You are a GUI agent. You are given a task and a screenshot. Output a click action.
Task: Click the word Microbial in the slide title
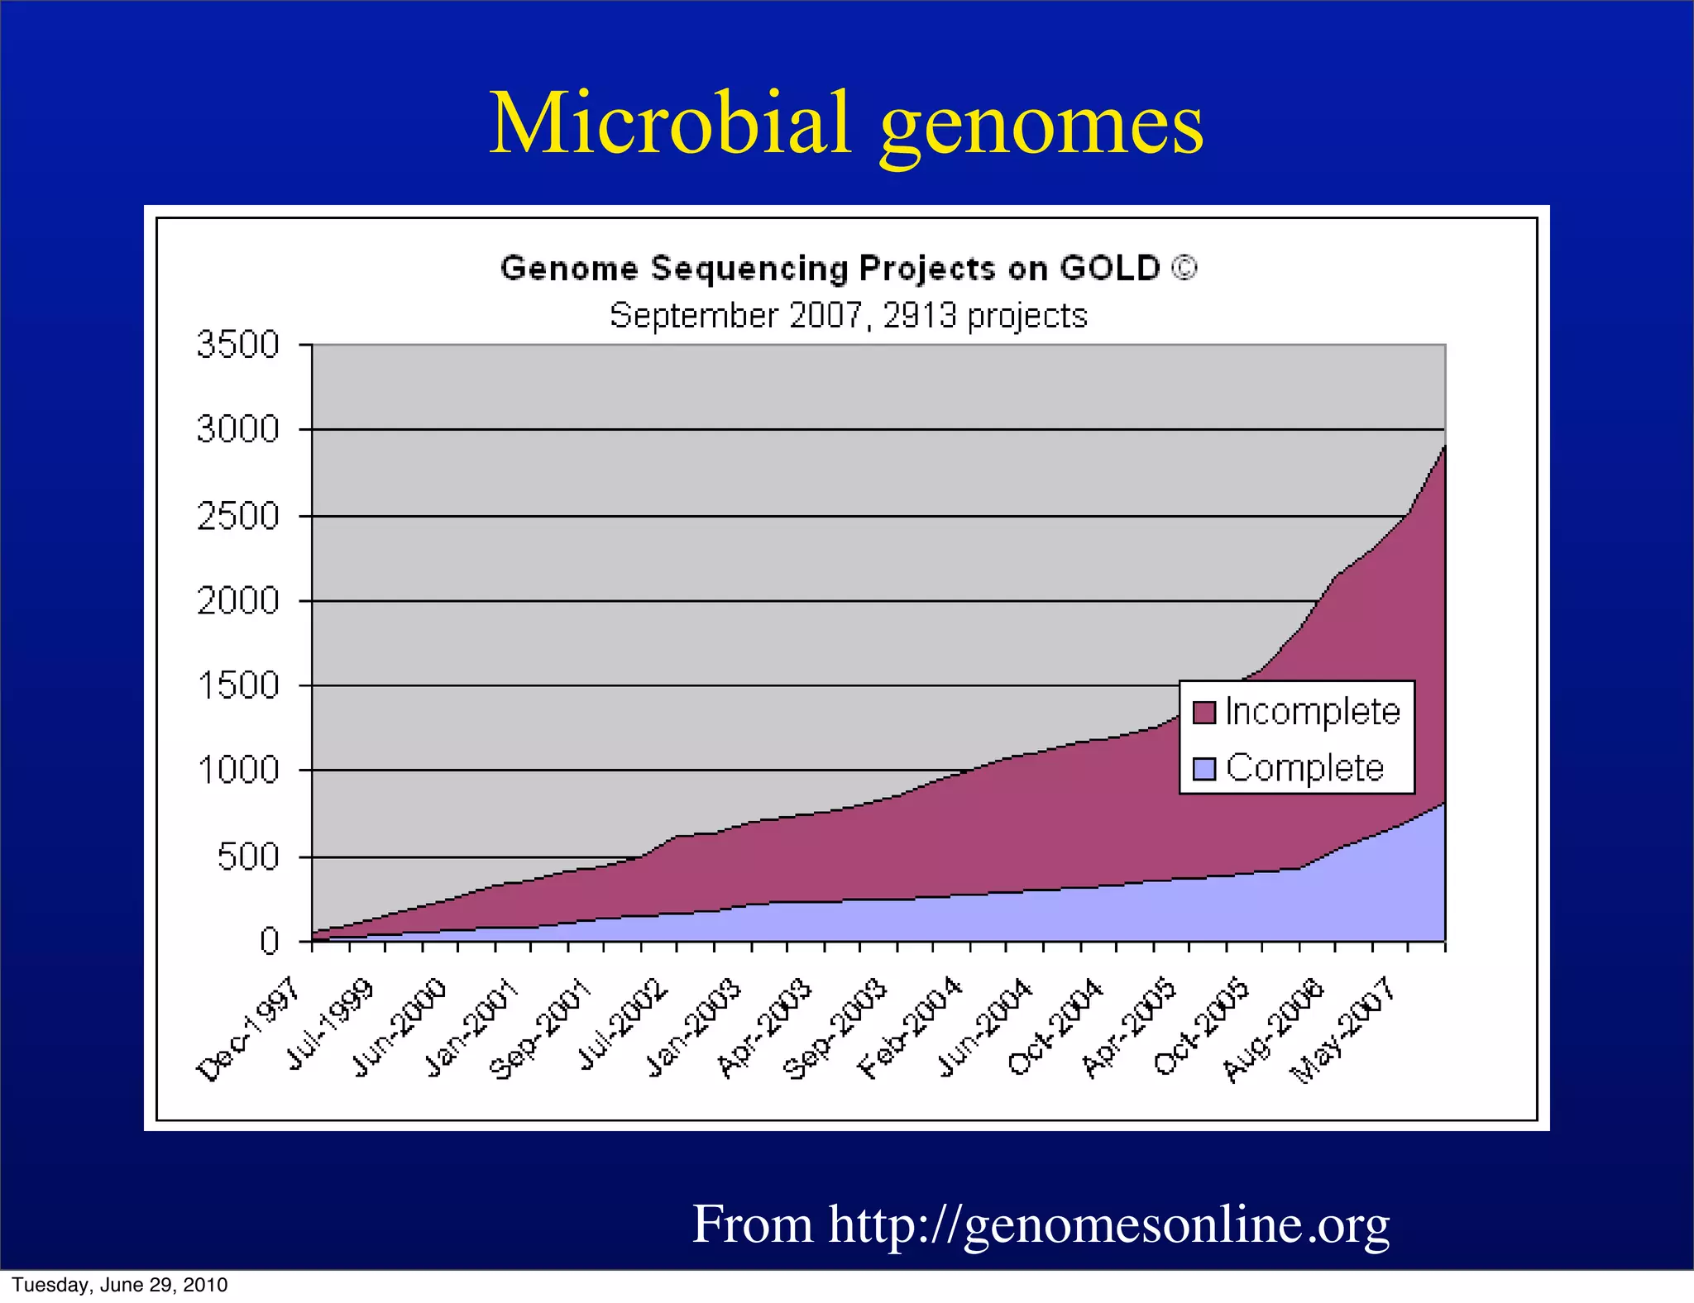coord(670,124)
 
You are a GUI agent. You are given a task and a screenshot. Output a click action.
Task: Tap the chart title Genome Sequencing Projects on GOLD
coord(831,269)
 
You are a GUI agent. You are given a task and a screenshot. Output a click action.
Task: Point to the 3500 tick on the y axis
coord(238,344)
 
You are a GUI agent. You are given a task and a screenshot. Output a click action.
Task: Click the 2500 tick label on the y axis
coord(238,517)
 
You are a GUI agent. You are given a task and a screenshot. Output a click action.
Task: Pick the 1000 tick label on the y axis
coord(238,771)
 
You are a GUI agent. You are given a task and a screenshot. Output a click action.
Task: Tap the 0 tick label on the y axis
coord(269,941)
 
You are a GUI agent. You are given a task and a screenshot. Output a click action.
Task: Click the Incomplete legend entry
coord(1312,712)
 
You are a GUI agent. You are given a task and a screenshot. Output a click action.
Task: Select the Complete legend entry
coord(1304,768)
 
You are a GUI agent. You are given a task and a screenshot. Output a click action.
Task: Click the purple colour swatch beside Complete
coord(1204,769)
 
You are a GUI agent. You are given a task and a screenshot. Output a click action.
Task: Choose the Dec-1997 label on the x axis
coord(248,1029)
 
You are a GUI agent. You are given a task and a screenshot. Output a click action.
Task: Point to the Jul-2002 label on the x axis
coord(622,1025)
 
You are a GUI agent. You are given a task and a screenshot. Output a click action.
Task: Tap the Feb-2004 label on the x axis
coord(910,1028)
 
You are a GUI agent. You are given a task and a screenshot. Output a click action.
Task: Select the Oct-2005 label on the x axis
coord(1201,1027)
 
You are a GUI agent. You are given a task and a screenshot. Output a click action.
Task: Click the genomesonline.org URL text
coord(1108,1224)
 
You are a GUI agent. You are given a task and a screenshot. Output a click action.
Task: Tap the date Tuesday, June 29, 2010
coord(120,1285)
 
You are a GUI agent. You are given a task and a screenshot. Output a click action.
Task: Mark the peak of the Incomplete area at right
coord(1443,447)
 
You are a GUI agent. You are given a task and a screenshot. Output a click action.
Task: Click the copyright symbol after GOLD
coord(1184,269)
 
